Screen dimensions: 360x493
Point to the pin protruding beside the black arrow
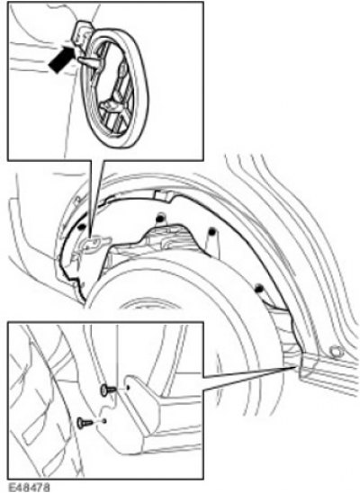tap(90, 61)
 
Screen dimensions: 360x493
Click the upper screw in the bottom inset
tap(108, 390)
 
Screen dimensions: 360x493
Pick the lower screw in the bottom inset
tap(85, 423)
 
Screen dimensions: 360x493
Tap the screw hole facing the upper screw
tap(128, 388)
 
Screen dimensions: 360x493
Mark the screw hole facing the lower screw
tap(104, 420)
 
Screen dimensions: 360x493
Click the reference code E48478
tap(29, 488)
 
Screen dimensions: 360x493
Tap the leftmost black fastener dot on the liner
tap(81, 227)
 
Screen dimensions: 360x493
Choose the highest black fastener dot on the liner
tap(161, 217)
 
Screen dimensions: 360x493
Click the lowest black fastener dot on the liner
tap(259, 287)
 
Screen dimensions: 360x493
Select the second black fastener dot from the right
tap(211, 231)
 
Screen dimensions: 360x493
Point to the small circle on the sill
tap(336, 351)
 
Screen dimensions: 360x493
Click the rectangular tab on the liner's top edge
tap(163, 195)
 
